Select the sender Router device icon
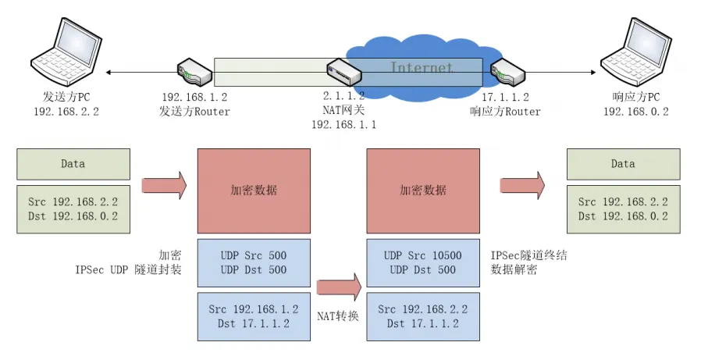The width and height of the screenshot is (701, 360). (194, 71)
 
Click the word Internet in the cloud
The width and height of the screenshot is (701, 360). (422, 68)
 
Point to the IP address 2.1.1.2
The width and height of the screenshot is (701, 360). (343, 97)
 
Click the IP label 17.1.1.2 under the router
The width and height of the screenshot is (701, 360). (505, 97)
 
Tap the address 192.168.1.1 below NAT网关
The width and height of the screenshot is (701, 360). (343, 124)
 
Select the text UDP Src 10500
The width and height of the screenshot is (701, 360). (423, 255)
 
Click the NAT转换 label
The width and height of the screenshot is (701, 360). (336, 316)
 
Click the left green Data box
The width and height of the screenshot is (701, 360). (73, 164)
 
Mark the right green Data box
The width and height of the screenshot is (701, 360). (623, 164)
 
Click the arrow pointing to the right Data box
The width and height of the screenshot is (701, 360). (522, 186)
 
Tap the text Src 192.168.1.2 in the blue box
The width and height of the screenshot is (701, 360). (254, 309)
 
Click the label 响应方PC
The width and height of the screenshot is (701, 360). (636, 97)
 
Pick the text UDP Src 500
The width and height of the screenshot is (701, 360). (254, 255)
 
